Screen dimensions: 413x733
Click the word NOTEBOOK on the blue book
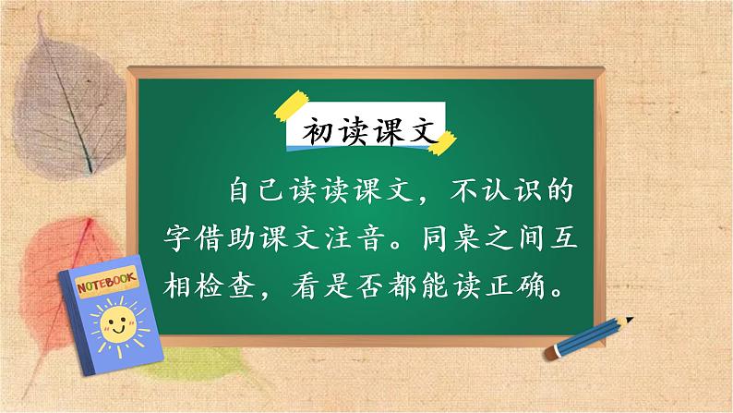[102, 282]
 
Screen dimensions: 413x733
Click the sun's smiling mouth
[117, 330]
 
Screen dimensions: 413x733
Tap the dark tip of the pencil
[630, 320]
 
